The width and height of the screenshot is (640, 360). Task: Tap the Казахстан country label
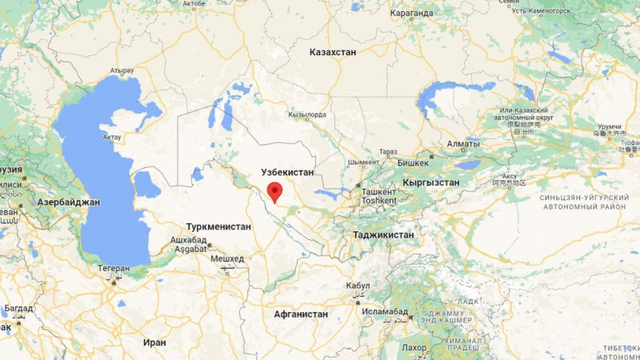point(333,52)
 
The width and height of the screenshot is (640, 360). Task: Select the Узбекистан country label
point(288,172)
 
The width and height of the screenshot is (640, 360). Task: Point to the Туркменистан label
point(218,227)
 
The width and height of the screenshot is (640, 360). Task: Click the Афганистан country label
point(300,314)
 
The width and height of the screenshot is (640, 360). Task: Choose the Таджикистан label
point(383,235)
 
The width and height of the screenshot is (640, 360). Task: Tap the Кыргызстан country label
point(431,182)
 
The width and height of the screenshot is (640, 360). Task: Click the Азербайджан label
point(68,202)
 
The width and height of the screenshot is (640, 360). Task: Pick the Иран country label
point(155,342)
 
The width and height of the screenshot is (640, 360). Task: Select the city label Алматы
point(463,144)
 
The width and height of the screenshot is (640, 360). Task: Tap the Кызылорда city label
point(306,115)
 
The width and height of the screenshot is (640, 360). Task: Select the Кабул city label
point(358,286)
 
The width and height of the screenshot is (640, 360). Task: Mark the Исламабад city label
point(385,310)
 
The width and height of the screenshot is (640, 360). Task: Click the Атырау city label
point(122,70)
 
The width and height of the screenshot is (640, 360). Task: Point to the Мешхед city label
point(226,259)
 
